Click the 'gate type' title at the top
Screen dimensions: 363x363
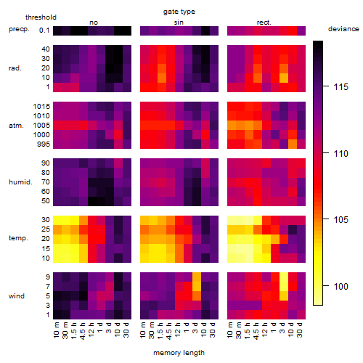pyautogui.click(x=179, y=12)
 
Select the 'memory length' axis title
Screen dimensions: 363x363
pyautogui.click(x=179, y=353)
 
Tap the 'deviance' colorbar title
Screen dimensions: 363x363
pyautogui.click(x=343, y=29)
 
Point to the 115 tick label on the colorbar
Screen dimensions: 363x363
pyautogui.click(x=341, y=87)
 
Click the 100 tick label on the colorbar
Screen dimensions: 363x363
pyautogui.click(x=341, y=287)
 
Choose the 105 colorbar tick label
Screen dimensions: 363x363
pyautogui.click(x=341, y=220)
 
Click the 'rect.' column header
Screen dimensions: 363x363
pyautogui.click(x=264, y=23)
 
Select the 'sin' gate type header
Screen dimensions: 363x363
pyautogui.click(x=179, y=23)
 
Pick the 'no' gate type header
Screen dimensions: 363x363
pyautogui.click(x=94, y=23)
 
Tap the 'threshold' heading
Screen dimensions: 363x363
pyautogui.click(x=41, y=17)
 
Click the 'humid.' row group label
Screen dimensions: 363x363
pyautogui.click(x=20, y=182)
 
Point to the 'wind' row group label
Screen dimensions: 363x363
pyautogui.click(x=17, y=296)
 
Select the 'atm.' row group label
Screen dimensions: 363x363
pyautogui.click(x=16, y=126)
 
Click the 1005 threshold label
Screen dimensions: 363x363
pyautogui.click(x=41, y=126)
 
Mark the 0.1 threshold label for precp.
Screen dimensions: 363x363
pyautogui.click(x=44, y=30)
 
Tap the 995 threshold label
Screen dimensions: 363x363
pyautogui.click(x=44, y=144)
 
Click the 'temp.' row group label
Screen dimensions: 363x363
pyautogui.click(x=18, y=238)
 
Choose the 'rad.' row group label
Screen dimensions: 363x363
pyautogui.click(x=15, y=68)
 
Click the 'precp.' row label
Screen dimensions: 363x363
pyautogui.click(x=19, y=29)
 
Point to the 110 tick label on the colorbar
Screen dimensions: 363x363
pyautogui.click(x=341, y=154)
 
